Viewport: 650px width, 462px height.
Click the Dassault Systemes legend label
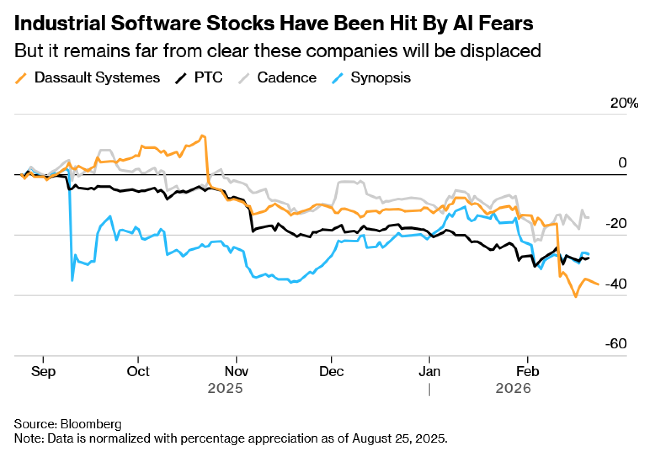[97, 78]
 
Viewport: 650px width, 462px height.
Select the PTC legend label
[208, 78]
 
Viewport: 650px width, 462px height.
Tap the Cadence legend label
[287, 78]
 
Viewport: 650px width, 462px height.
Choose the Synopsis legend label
[381, 78]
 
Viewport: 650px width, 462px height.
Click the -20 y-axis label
[616, 224]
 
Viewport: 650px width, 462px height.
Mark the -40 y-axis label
[616, 284]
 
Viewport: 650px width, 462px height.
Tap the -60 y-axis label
[616, 344]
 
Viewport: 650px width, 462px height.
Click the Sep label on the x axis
[43, 371]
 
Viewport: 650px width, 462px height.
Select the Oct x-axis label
[138, 371]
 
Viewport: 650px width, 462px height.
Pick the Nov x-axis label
[237, 371]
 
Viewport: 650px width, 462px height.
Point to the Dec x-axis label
[331, 371]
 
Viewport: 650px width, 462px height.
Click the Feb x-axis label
[527, 371]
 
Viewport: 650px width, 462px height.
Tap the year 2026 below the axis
[513, 388]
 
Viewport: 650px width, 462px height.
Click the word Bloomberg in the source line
[91, 424]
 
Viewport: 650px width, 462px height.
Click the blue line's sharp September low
[72, 280]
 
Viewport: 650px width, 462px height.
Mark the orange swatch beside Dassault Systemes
[21, 79]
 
